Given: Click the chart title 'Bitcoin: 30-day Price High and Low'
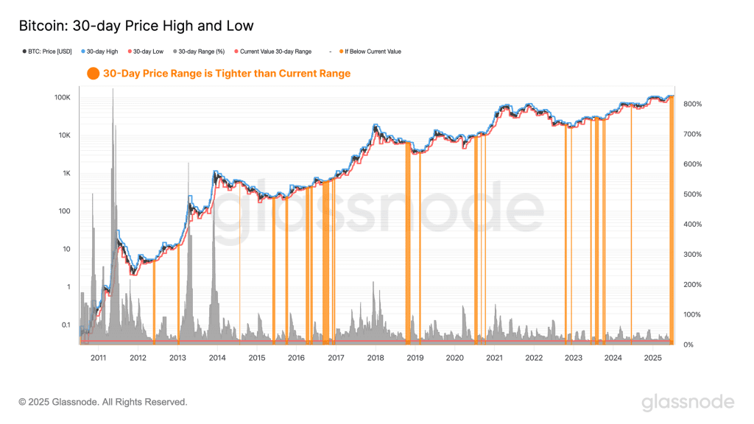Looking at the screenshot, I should coord(135,26).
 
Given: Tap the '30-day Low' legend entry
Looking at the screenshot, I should coord(148,52).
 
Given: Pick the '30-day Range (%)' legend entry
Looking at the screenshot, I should coord(200,52).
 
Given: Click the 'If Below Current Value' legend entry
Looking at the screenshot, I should coord(373,52).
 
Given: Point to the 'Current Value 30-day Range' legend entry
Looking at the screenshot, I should coord(275,52).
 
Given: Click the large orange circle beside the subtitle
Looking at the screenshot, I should coord(93,74).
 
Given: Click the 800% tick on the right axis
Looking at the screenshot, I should coord(693,104).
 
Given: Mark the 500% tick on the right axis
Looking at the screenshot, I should coord(693,194).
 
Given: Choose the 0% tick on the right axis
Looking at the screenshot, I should coord(688,344).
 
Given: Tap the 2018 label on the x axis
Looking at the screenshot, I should coord(375,358).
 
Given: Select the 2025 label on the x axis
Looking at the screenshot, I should coord(652,358).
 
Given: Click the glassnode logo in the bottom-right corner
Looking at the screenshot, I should coord(687,402).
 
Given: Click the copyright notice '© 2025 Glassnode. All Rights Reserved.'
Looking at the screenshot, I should coord(103,402).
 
